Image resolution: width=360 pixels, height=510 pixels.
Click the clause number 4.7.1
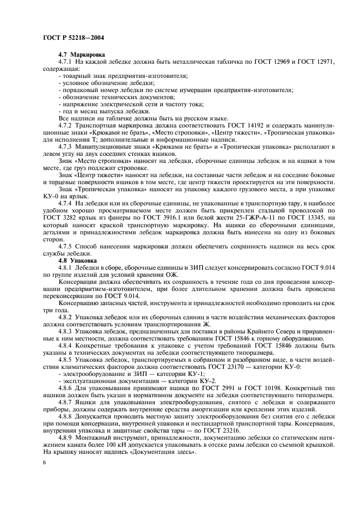[x=66, y=62]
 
